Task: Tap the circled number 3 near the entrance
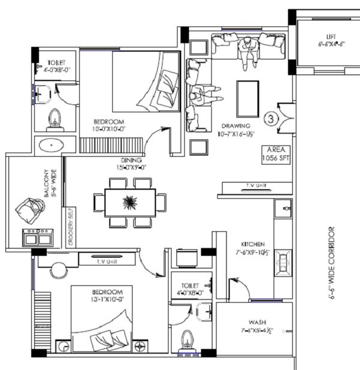pos(270,118)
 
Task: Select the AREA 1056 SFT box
pos(275,154)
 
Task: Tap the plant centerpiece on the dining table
pos(130,202)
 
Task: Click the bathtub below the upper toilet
pos(54,145)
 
